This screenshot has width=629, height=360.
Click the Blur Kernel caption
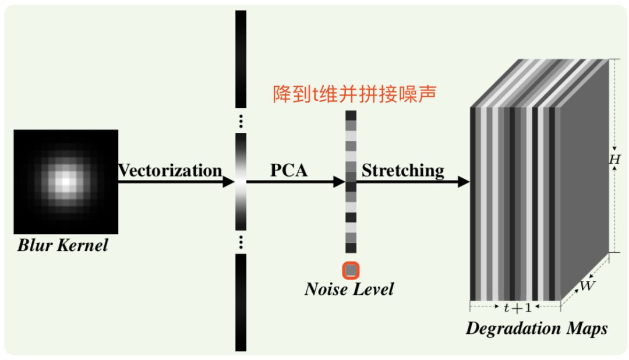point(63,245)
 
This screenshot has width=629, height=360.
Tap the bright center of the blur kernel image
point(66,182)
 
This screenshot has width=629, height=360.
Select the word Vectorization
point(170,171)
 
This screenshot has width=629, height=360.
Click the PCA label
point(289,171)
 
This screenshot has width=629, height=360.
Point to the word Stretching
point(403,171)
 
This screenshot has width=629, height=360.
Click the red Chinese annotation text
point(354,94)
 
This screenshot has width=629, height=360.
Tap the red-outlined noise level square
point(351,270)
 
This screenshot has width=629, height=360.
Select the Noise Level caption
point(349,289)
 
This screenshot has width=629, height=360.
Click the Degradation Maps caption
point(536,329)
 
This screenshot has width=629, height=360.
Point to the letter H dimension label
point(614,158)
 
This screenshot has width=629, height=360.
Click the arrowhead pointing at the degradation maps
point(464,182)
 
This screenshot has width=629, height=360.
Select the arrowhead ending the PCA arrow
point(339,182)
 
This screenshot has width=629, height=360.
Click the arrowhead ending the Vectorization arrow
point(228,182)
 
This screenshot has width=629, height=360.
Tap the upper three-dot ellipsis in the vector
point(241,122)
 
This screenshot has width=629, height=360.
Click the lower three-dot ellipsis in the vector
point(241,242)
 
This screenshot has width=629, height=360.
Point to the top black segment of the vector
point(241,58)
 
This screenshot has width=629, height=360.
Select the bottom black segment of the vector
point(241,303)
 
